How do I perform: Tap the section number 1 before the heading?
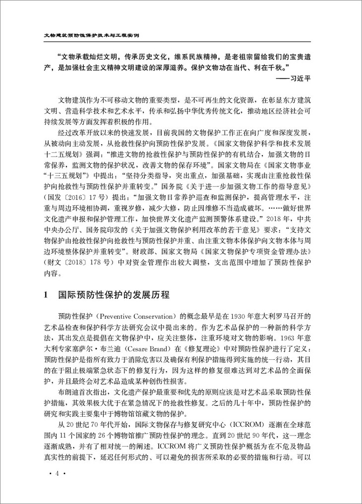click(x=47, y=296)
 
